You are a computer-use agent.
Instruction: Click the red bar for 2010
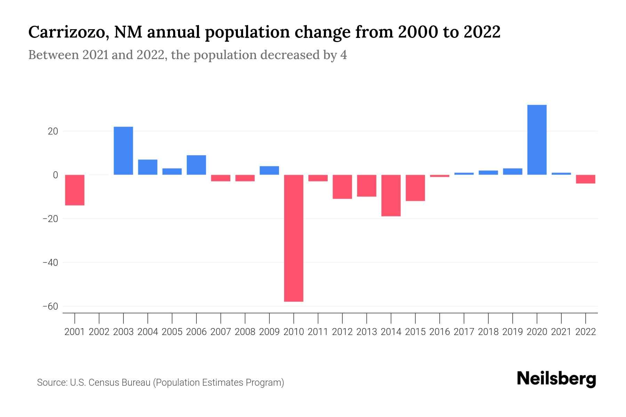(x=294, y=238)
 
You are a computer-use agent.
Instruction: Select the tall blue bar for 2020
(x=537, y=140)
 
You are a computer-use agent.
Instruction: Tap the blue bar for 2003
(x=123, y=151)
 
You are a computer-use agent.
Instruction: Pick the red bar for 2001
(x=75, y=190)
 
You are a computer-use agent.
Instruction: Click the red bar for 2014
(x=391, y=195)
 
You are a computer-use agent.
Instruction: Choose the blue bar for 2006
(x=196, y=165)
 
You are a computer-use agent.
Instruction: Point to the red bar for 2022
(x=585, y=179)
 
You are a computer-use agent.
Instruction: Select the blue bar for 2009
(x=269, y=171)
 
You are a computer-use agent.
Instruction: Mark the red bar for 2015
(x=415, y=188)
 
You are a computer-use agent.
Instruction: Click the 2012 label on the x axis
(x=342, y=332)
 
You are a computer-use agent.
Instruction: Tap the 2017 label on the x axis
(x=464, y=332)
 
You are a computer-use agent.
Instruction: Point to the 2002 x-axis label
(x=99, y=332)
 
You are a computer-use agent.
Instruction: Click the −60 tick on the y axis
(x=50, y=306)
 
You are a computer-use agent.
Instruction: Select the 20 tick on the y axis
(x=53, y=131)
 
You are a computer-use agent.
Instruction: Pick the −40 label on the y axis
(x=50, y=263)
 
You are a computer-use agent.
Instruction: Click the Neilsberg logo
(x=556, y=379)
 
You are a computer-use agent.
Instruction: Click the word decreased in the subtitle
(x=290, y=55)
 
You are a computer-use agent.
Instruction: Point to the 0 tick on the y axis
(x=55, y=175)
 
